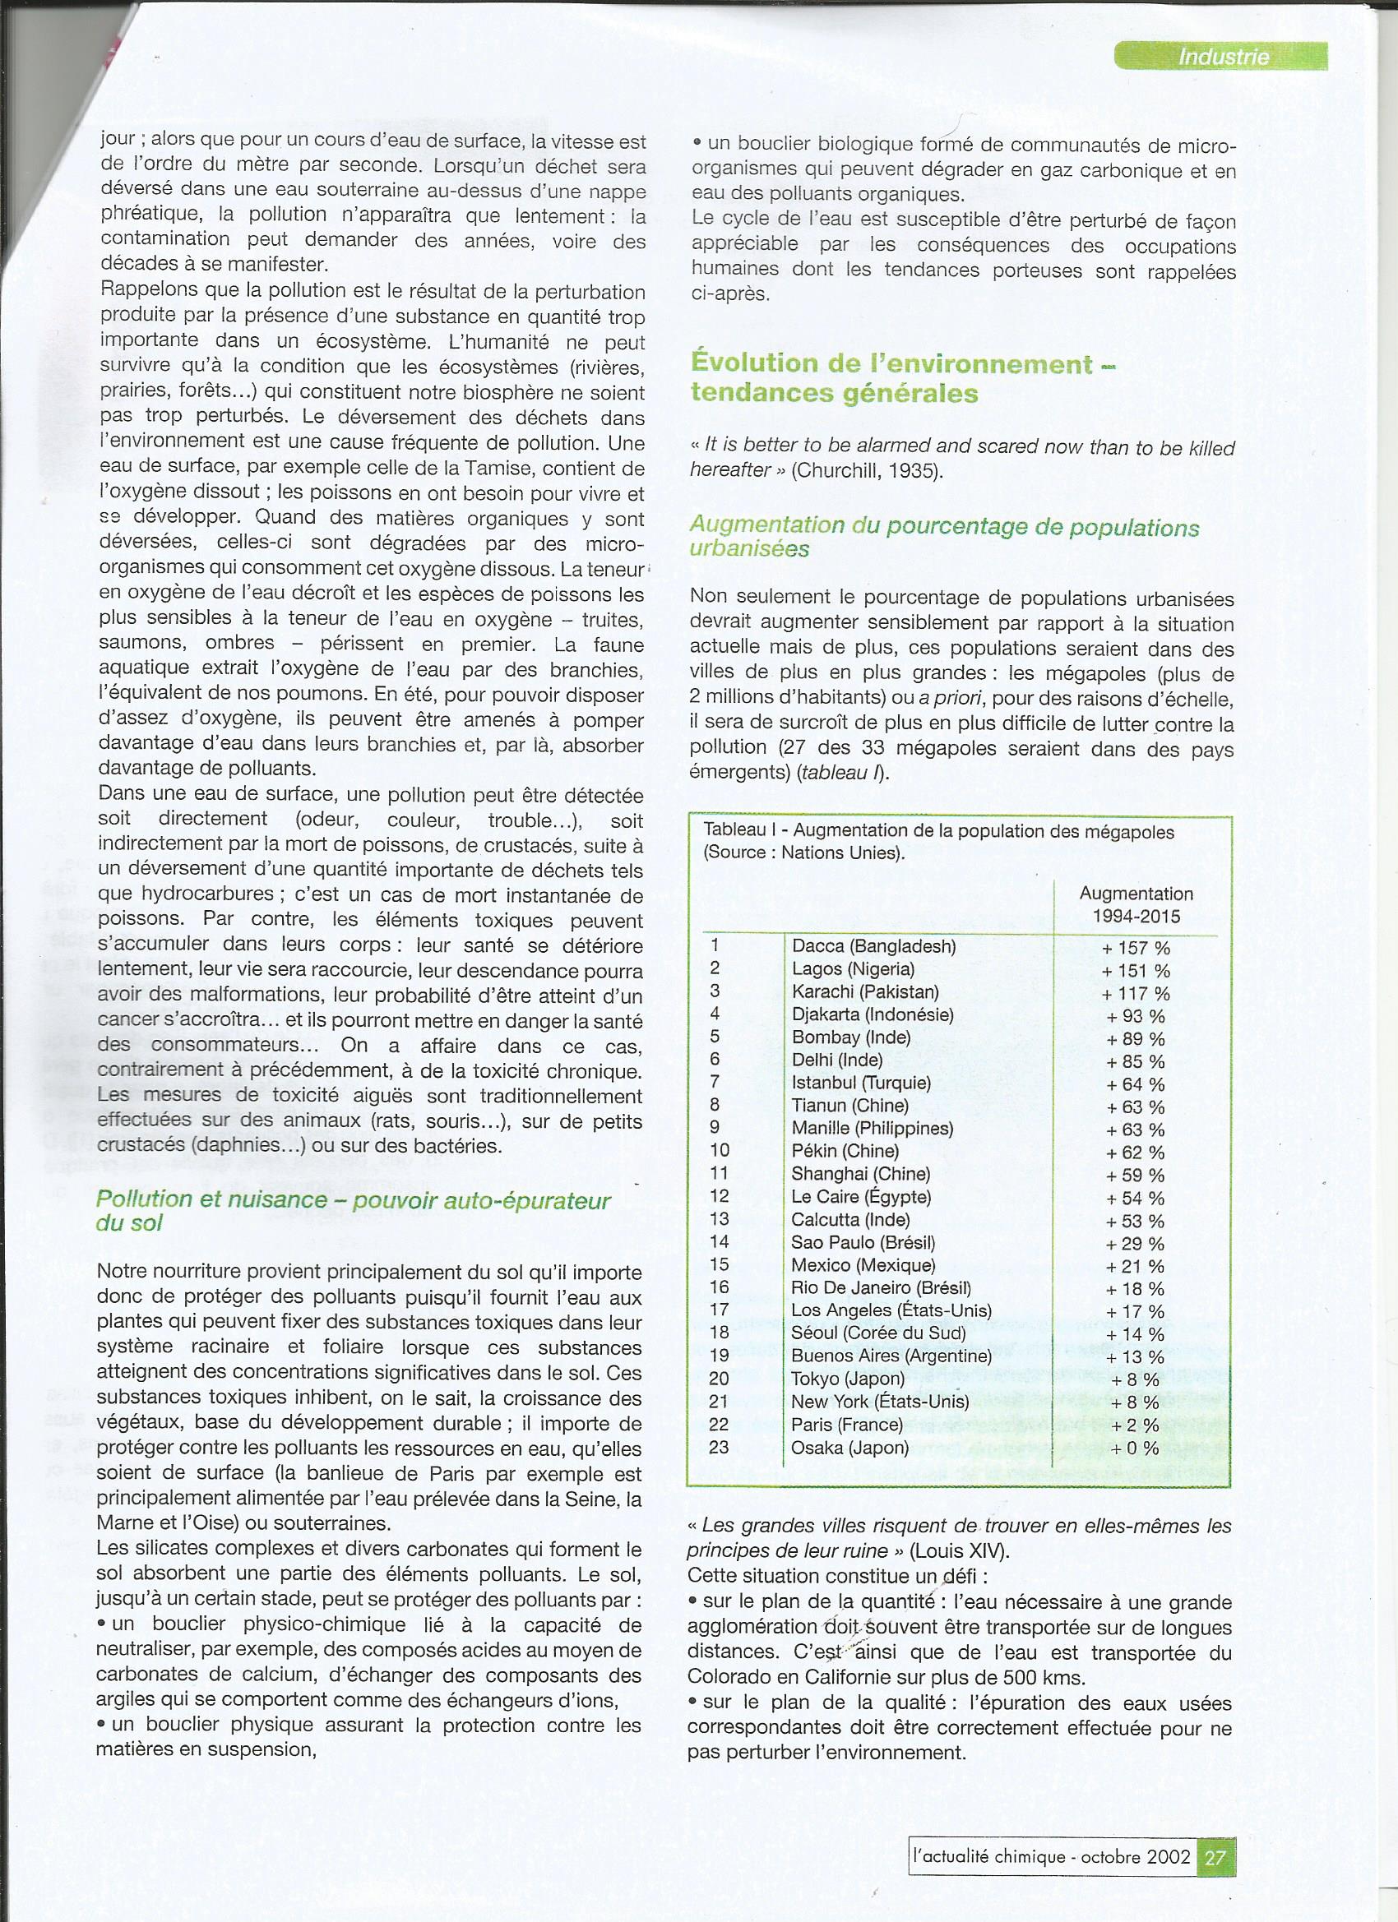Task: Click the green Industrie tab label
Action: pos(1223,57)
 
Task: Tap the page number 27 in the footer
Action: pos(1215,1857)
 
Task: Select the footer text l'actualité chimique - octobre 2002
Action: pos(1051,1857)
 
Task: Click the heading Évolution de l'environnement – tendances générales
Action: pos(902,378)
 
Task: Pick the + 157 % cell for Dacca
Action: pos(1135,949)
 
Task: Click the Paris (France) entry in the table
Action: pos(846,1424)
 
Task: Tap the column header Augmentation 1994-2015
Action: pos(1135,904)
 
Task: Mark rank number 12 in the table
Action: pos(719,1196)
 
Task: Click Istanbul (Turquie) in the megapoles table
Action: pos(860,1082)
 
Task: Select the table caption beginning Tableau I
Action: pos(937,842)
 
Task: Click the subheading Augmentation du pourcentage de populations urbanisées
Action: pos(944,538)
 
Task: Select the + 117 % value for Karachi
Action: pos(1135,993)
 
